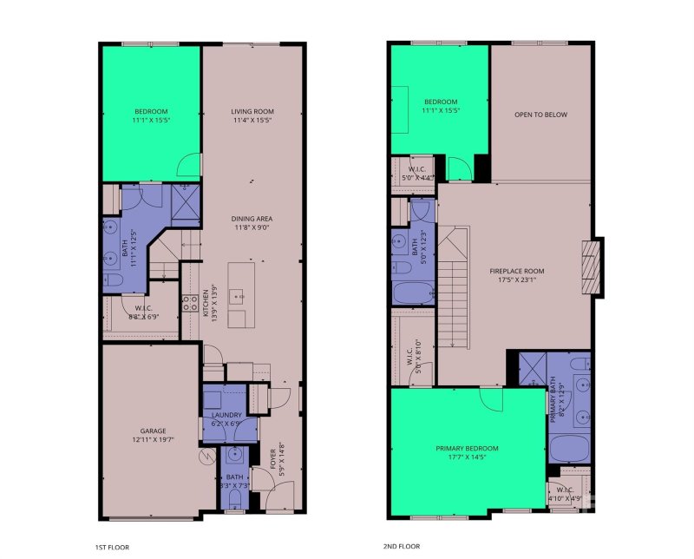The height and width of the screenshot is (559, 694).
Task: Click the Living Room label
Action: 252,111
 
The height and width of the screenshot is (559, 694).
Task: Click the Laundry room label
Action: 226,415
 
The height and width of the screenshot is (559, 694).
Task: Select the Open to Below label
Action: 540,115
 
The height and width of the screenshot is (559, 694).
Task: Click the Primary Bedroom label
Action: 467,449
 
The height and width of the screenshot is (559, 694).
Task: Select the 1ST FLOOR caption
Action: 114,547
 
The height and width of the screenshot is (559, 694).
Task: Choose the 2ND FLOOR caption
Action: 401,547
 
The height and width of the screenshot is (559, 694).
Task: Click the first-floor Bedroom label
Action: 151,111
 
